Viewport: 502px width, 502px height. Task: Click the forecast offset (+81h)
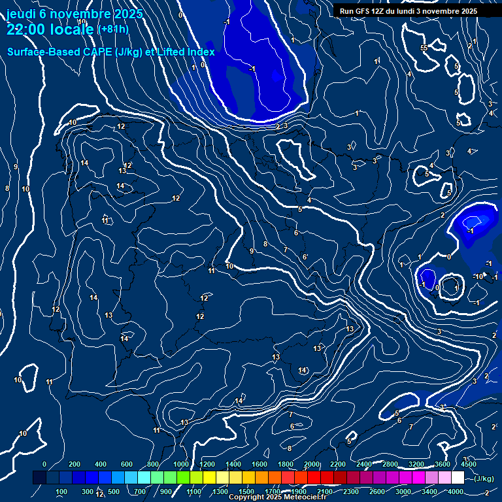point(112,29)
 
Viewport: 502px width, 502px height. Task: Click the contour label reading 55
point(424,48)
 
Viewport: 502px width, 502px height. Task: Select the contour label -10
point(478,276)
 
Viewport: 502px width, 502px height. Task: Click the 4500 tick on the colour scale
point(468,464)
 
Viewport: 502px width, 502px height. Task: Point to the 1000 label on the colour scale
point(181,464)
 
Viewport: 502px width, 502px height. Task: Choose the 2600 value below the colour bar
point(377,492)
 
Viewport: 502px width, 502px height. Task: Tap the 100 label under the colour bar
point(61,492)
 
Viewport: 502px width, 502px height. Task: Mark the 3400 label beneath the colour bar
point(429,492)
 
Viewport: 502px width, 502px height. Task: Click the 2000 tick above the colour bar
point(312,464)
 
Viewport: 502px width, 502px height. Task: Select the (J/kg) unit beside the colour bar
point(483,478)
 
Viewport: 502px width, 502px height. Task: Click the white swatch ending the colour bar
point(458,478)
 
